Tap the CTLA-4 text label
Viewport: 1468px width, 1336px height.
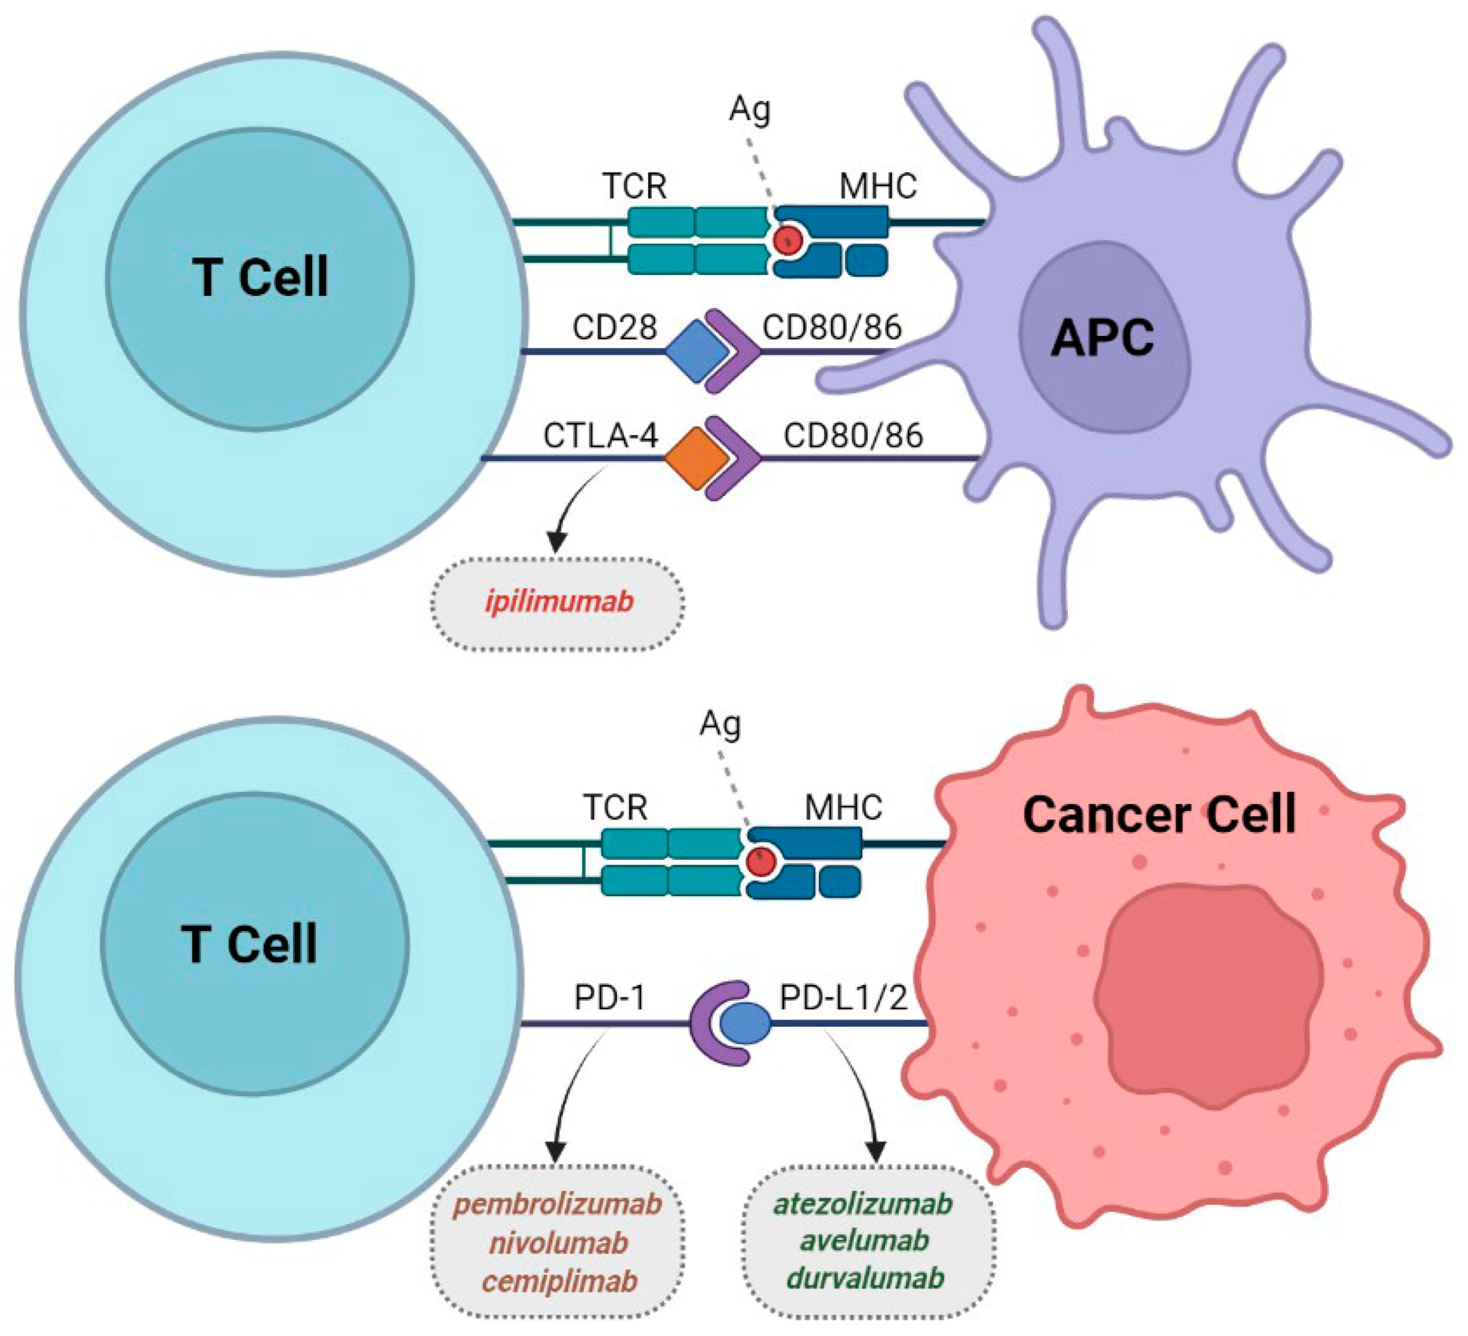[x=601, y=436]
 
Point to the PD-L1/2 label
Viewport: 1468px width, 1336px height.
[x=843, y=998]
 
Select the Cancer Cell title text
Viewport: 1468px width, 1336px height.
[x=1159, y=814]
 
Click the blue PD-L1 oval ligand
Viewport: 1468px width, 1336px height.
[x=744, y=1023]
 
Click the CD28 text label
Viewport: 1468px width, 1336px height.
[x=615, y=328]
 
